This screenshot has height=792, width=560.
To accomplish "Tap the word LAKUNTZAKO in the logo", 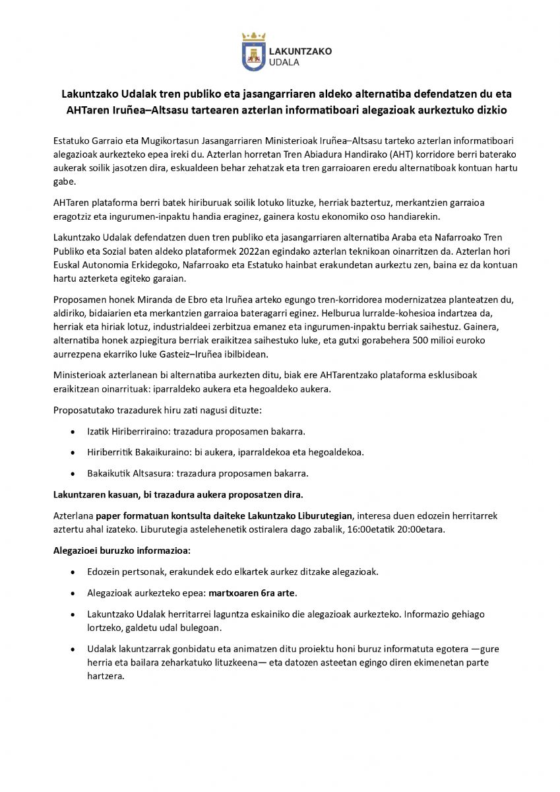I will tap(301, 51).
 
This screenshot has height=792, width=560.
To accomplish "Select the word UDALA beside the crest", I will tap(285, 62).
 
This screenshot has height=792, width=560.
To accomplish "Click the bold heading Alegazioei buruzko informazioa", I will tap(121, 550).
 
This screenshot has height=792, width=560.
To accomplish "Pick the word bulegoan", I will tap(198, 627).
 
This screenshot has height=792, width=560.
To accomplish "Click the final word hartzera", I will tap(106, 676).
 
